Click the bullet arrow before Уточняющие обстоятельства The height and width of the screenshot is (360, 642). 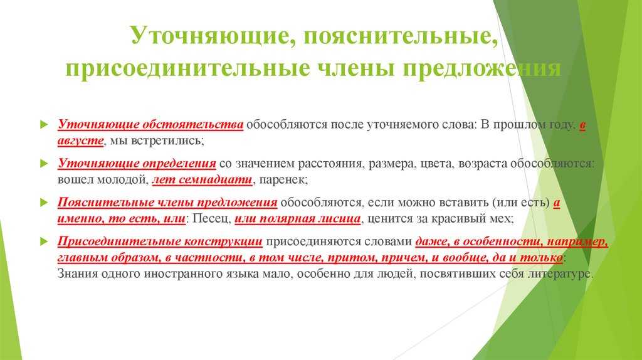(45, 125)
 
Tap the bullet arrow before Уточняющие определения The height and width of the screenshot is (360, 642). (45, 164)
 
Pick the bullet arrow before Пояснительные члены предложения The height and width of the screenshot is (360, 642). (45, 203)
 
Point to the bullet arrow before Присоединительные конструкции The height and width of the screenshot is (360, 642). (45, 241)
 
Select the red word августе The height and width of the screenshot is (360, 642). (80, 140)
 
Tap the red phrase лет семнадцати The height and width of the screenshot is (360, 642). (203, 179)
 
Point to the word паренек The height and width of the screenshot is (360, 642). (282, 179)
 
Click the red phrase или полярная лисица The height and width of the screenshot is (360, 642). (298, 219)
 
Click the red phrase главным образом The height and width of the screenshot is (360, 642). (108, 258)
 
